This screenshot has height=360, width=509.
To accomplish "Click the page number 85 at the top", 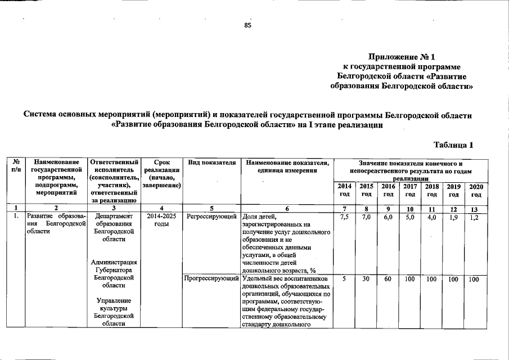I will click(247, 25).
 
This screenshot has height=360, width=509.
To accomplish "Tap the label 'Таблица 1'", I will click(453, 145).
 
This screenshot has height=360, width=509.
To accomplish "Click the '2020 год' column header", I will click(476, 190).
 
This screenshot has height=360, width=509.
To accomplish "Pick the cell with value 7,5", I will click(345, 216).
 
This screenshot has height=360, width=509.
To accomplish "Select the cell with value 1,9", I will click(454, 216).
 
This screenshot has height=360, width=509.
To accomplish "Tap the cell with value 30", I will click(366, 279).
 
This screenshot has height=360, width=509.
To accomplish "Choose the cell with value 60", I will click(388, 279).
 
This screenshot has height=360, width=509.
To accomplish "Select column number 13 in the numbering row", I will click(476, 209).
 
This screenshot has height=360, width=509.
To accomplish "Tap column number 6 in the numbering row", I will click(287, 209).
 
